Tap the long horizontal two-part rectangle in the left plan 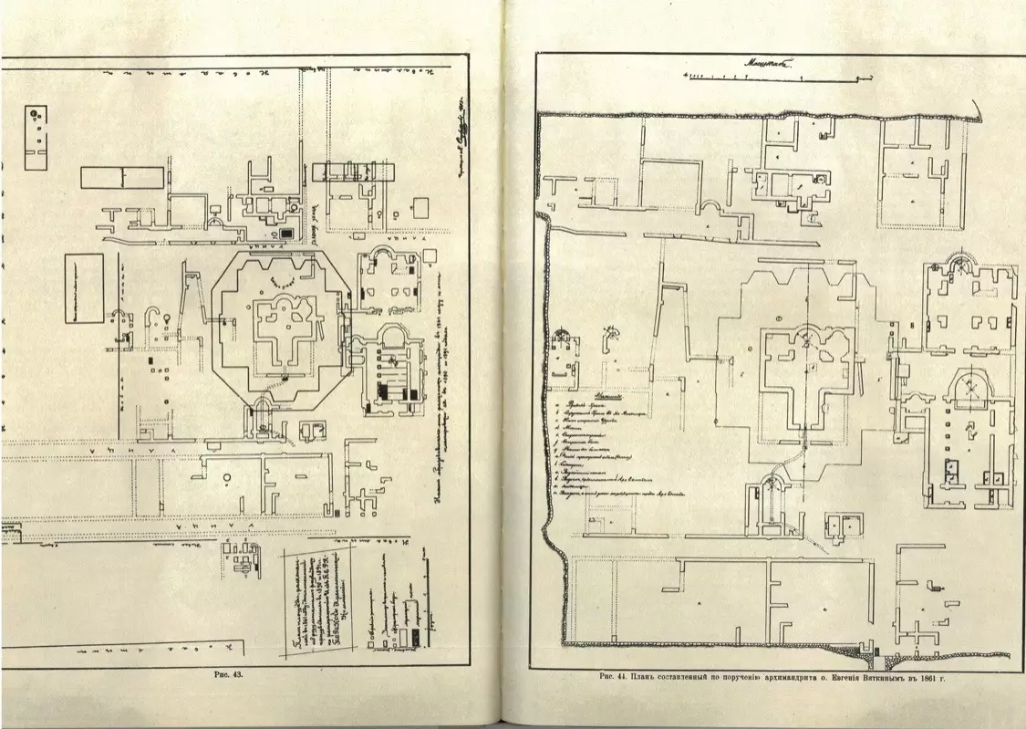tap(123, 177)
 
